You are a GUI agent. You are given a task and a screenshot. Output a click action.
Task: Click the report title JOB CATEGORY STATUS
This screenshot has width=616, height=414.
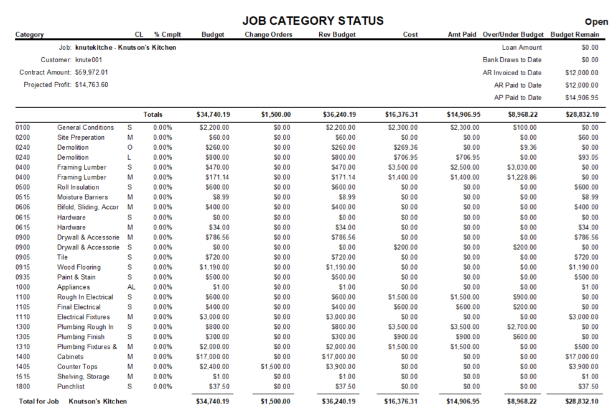[x=312, y=21]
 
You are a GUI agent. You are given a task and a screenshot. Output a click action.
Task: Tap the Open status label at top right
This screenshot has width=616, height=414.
[x=596, y=22]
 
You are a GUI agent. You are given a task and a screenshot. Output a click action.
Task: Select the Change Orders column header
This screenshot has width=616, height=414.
[x=268, y=35]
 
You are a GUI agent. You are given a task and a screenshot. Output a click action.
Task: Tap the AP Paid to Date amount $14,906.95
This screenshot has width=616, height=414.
[x=581, y=98]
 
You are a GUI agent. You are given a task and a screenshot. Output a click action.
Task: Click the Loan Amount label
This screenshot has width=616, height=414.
[x=521, y=47]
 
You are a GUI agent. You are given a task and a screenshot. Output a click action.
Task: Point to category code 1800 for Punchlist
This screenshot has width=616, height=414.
[x=22, y=387]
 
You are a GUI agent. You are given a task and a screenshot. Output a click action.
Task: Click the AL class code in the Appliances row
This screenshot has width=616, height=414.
[x=131, y=287]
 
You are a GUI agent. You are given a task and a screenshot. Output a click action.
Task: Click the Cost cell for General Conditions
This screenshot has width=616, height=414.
[x=401, y=127]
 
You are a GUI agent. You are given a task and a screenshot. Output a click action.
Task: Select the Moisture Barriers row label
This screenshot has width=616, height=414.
[x=82, y=197]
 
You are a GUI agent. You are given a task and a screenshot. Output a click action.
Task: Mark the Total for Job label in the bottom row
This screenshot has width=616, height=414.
[x=39, y=402]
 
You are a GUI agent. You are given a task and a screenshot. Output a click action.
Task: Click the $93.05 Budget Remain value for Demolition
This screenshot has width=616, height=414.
[x=587, y=157]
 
